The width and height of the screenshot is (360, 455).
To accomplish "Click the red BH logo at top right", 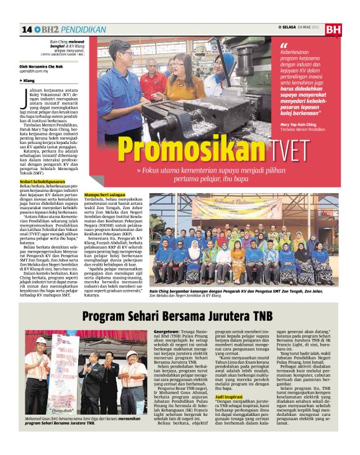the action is (333, 29).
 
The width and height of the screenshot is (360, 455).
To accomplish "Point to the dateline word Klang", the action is (30, 81).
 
